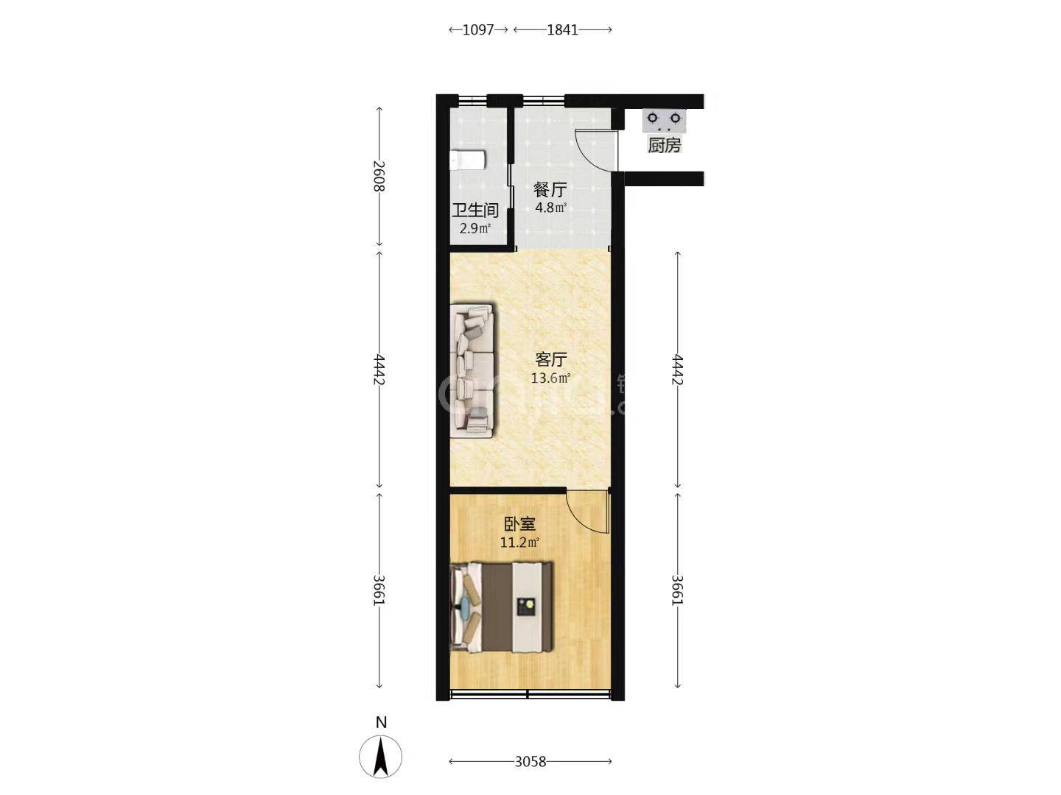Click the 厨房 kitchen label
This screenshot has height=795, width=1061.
pyautogui.click(x=664, y=145)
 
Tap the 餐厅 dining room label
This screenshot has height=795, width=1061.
pyautogui.click(x=550, y=189)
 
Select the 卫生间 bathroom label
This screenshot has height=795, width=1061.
pyautogui.click(x=475, y=211)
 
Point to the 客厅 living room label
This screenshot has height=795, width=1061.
pyautogui.click(x=550, y=360)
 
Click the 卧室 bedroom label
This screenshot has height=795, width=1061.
pyautogui.click(x=519, y=523)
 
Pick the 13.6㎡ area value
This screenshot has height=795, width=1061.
pyautogui.click(x=550, y=378)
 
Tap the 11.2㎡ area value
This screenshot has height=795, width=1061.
pyautogui.click(x=519, y=543)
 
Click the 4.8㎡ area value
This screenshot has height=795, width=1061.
pyautogui.click(x=550, y=208)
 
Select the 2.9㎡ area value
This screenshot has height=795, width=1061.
pyautogui.click(x=475, y=228)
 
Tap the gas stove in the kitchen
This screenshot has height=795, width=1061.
pyautogui.click(x=664, y=121)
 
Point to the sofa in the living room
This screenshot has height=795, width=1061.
pyautogui.click(x=472, y=370)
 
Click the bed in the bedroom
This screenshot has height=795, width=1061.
pyautogui.click(x=501, y=607)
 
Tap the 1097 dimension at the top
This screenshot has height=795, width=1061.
pyautogui.click(x=478, y=30)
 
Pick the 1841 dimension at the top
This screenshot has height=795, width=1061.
pyautogui.click(x=563, y=30)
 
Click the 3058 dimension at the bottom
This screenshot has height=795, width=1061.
pyautogui.click(x=530, y=762)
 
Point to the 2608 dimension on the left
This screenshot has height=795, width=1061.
pyautogui.click(x=379, y=176)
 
